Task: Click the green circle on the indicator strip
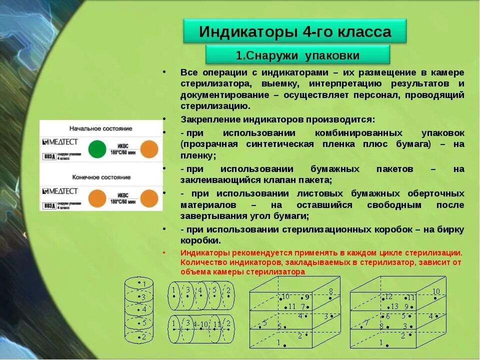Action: tap(97, 149)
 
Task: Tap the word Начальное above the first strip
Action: tap(84, 128)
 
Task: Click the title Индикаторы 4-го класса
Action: tap(295, 31)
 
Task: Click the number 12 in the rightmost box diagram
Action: tap(389, 297)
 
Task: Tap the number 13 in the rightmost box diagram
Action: tap(394, 306)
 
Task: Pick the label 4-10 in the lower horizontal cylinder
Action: tap(200, 324)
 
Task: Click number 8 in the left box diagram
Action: tap(330, 291)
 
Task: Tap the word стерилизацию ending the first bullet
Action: tap(215, 106)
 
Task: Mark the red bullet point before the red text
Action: tap(164, 252)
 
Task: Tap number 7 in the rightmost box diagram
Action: tap(366, 322)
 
